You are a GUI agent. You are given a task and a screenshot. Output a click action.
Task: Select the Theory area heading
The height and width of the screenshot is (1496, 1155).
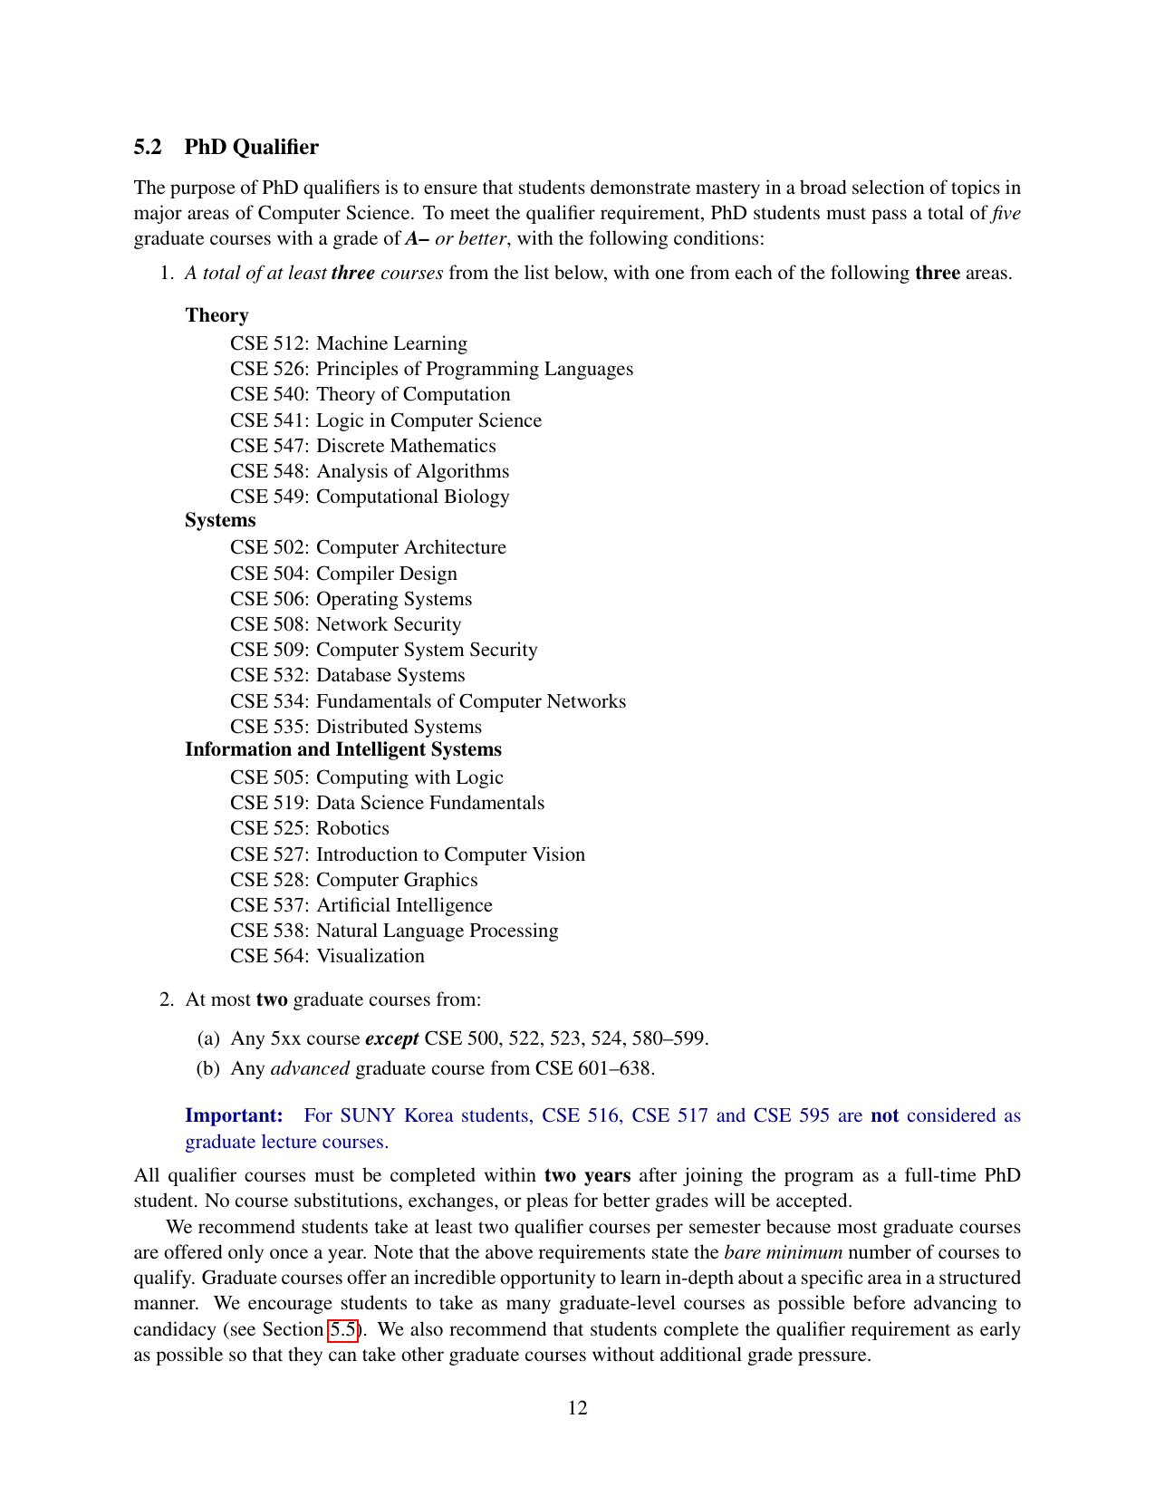217,315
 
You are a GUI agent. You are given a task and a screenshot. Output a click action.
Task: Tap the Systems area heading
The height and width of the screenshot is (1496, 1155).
220,520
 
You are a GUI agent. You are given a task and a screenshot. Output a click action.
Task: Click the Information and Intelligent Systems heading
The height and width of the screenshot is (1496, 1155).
343,749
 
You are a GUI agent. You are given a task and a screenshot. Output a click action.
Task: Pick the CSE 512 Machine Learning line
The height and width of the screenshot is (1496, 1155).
349,343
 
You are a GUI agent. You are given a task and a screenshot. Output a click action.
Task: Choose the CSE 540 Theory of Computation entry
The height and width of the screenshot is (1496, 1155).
370,394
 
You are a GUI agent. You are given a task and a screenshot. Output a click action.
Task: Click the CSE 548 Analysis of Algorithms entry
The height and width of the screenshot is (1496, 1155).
370,471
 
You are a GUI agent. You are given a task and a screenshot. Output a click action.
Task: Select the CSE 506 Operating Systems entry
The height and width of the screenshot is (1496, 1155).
351,599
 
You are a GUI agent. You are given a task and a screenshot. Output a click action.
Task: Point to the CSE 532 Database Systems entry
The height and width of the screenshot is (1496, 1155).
347,675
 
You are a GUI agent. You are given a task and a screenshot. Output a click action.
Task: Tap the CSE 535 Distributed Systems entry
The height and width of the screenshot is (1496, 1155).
356,727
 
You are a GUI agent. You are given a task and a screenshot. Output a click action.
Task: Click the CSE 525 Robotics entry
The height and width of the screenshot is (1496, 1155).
310,828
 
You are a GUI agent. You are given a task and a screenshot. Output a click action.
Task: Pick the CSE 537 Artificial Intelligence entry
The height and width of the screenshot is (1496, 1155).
361,905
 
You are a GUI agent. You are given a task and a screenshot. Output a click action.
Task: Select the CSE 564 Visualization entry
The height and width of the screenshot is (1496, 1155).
327,956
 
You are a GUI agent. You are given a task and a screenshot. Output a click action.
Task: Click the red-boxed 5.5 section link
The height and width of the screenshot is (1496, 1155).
343,1329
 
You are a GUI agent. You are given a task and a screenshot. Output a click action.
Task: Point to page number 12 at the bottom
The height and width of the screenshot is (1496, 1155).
577,1407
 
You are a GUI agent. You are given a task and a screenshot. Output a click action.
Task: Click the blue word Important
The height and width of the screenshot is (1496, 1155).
234,1115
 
